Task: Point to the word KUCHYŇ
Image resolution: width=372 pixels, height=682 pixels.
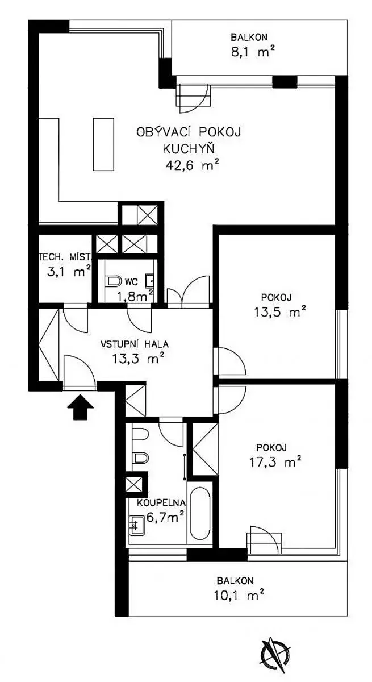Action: coord(189,148)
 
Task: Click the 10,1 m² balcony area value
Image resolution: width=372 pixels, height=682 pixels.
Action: coord(239,594)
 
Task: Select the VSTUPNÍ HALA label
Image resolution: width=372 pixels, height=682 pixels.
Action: coord(135,344)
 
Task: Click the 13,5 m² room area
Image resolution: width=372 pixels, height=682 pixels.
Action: coord(279,312)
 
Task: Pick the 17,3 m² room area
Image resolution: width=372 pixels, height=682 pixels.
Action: coord(275,462)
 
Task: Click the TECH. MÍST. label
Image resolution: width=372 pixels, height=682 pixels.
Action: coord(65,257)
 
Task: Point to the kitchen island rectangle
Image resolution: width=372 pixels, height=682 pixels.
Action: coord(103,144)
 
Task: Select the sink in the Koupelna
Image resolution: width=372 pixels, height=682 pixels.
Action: coord(136,524)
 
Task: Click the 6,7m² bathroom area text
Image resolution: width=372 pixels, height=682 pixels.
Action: coord(165,517)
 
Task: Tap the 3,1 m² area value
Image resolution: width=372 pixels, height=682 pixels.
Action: coord(69,271)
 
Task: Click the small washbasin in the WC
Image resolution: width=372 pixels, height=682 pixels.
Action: coord(151,281)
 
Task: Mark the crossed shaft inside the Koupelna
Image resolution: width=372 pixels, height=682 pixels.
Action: coord(133,484)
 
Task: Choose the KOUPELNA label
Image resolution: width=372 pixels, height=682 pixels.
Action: coord(161,502)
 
